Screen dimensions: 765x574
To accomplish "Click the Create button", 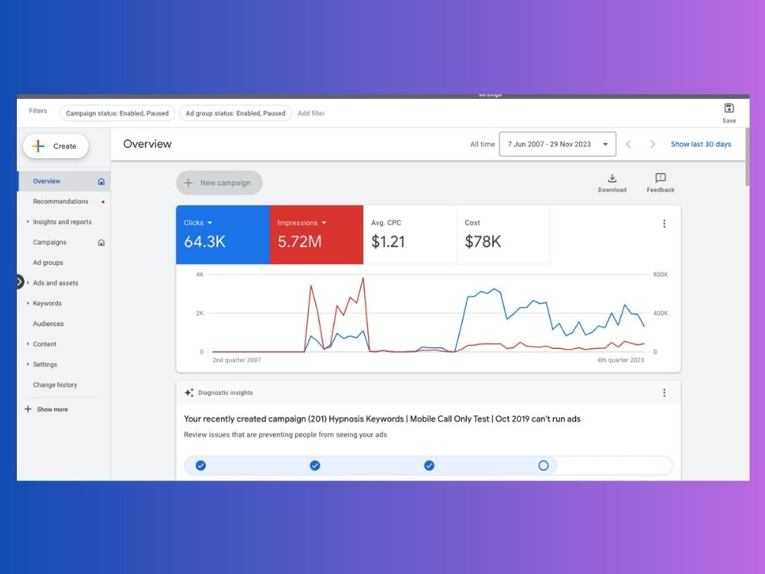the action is [56, 146].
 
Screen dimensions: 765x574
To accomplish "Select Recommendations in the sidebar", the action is [60, 201].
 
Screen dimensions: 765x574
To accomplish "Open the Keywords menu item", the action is [47, 303].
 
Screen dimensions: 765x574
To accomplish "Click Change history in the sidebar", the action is [55, 385].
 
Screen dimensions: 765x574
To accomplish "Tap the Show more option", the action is [52, 409].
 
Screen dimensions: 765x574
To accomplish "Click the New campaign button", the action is [219, 183].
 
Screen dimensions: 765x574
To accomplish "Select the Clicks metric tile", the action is [223, 235].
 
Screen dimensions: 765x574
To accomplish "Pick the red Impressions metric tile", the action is [317, 235].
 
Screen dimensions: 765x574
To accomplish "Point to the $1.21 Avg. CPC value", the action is [388, 242].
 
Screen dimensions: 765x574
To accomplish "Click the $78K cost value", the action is [483, 242].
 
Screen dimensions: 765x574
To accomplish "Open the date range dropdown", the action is [557, 144].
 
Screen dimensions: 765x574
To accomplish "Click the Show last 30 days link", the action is [701, 144].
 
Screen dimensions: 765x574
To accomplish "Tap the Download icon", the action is [612, 178].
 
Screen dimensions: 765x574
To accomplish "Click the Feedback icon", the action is [661, 178].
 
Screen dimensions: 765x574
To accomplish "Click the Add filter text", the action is [311, 113].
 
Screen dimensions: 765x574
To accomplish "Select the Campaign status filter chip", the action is [117, 113].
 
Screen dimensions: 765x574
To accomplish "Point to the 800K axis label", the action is [661, 274].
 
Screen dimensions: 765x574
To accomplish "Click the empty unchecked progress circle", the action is [543, 465].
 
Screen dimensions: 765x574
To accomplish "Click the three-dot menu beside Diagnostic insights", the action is [664, 393].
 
